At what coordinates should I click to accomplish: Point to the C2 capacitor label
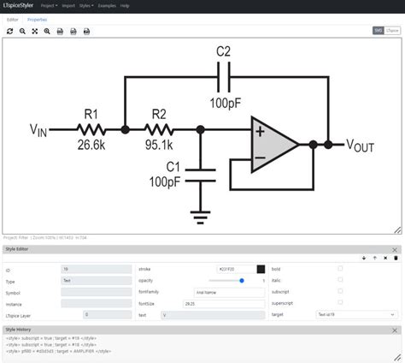[x=223, y=51]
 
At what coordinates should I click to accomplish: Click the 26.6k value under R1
[x=90, y=146]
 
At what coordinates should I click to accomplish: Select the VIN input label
[x=38, y=131]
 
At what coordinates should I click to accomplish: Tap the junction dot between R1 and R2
[x=126, y=130]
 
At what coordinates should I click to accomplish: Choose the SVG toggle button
[x=378, y=30]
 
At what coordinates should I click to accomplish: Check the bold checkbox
[x=340, y=268]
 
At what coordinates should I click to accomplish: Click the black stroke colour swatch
[x=261, y=268]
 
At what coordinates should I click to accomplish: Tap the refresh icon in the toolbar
[x=9, y=31]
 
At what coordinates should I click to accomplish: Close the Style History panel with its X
[x=395, y=328]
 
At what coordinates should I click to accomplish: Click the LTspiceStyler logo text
[x=21, y=5]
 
